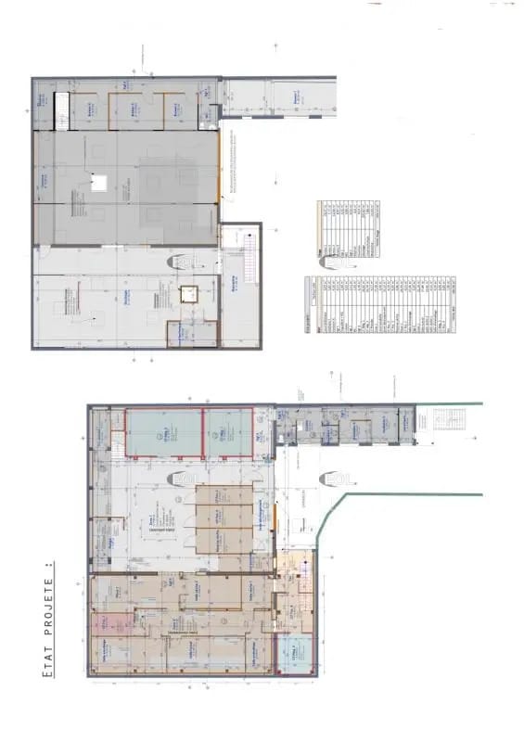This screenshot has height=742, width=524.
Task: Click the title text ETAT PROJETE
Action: point(47,622)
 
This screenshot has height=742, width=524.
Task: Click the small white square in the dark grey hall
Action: point(100,183)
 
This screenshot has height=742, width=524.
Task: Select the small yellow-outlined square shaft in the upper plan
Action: point(190,295)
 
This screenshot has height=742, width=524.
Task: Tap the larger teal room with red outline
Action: point(163,433)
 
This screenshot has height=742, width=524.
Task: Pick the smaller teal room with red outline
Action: point(228,433)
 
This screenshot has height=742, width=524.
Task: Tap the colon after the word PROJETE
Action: point(47,563)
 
